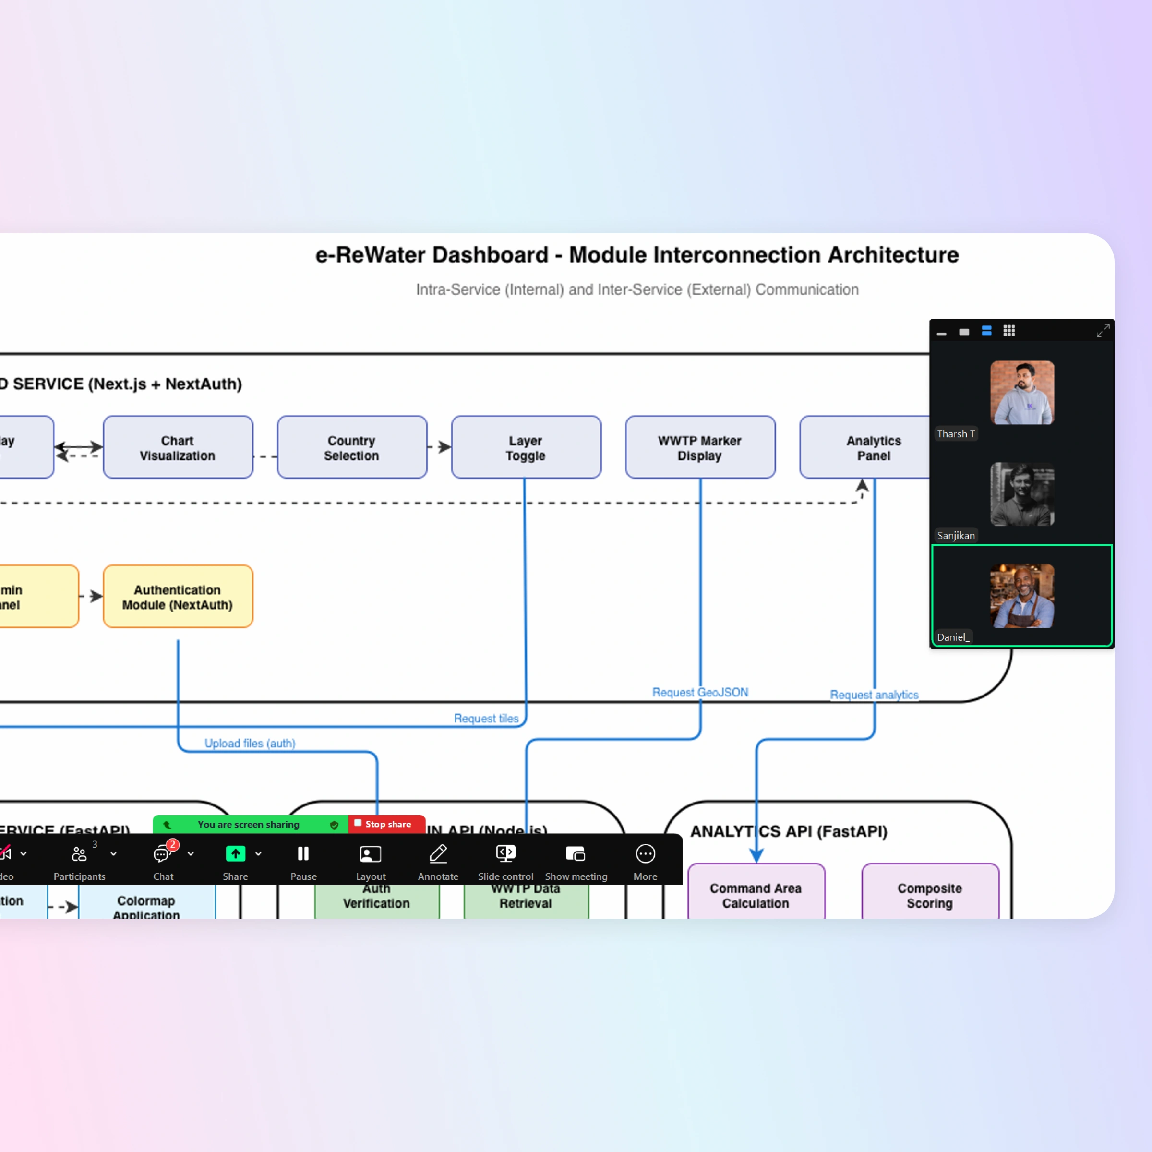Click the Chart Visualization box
click(x=178, y=447)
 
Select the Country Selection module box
click(x=352, y=447)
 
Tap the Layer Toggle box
click(x=525, y=447)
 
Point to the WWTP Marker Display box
click(x=700, y=447)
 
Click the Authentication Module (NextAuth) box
click(x=178, y=596)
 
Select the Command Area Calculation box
click(x=756, y=894)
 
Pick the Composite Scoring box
click(x=930, y=894)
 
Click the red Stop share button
click(x=386, y=824)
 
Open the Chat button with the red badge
click(x=162, y=855)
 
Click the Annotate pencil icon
click(x=438, y=854)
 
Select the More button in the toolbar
click(x=645, y=854)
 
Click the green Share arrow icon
click(x=236, y=854)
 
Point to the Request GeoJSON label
click(x=700, y=692)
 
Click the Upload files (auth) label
click(x=250, y=743)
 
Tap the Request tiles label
click(x=486, y=719)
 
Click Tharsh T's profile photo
click(x=1022, y=392)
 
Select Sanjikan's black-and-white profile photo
click(x=1022, y=494)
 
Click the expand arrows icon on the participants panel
click(x=1103, y=331)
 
